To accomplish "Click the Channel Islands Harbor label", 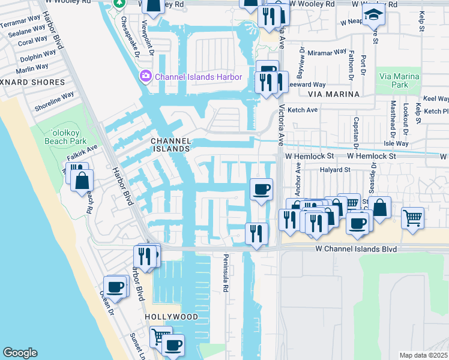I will pyautogui.click(x=198, y=77).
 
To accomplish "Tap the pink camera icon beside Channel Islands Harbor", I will pyautogui.click(x=145, y=77).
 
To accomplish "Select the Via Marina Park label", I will pyautogui.click(x=399, y=80).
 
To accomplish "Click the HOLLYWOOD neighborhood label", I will pyautogui.click(x=171, y=316).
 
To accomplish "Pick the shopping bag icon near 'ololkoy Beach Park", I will pyautogui.click(x=82, y=180).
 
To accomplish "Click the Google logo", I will pyautogui.click(x=20, y=352).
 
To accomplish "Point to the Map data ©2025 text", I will pyautogui.click(x=423, y=355).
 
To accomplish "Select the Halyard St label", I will pyautogui.click(x=335, y=170).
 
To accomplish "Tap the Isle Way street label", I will pyautogui.click(x=396, y=144).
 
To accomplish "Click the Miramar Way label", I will pyautogui.click(x=327, y=53).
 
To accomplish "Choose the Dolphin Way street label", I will pyautogui.click(x=34, y=58).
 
